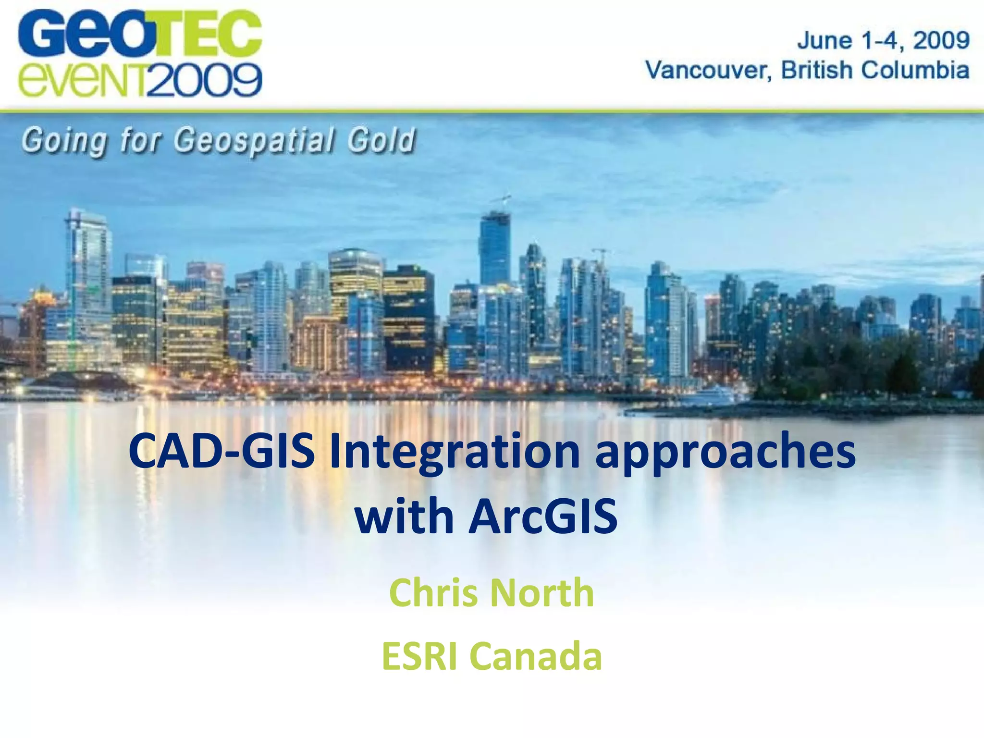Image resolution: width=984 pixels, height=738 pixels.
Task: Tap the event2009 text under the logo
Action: [x=139, y=80]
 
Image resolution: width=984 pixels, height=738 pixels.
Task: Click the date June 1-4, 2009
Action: [x=883, y=40]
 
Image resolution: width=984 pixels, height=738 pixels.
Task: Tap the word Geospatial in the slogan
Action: [x=254, y=141]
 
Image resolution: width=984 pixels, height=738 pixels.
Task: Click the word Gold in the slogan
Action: [x=381, y=141]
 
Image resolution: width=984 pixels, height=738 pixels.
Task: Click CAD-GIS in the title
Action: [x=221, y=452]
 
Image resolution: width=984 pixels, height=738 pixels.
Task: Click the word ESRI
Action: [x=419, y=656]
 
